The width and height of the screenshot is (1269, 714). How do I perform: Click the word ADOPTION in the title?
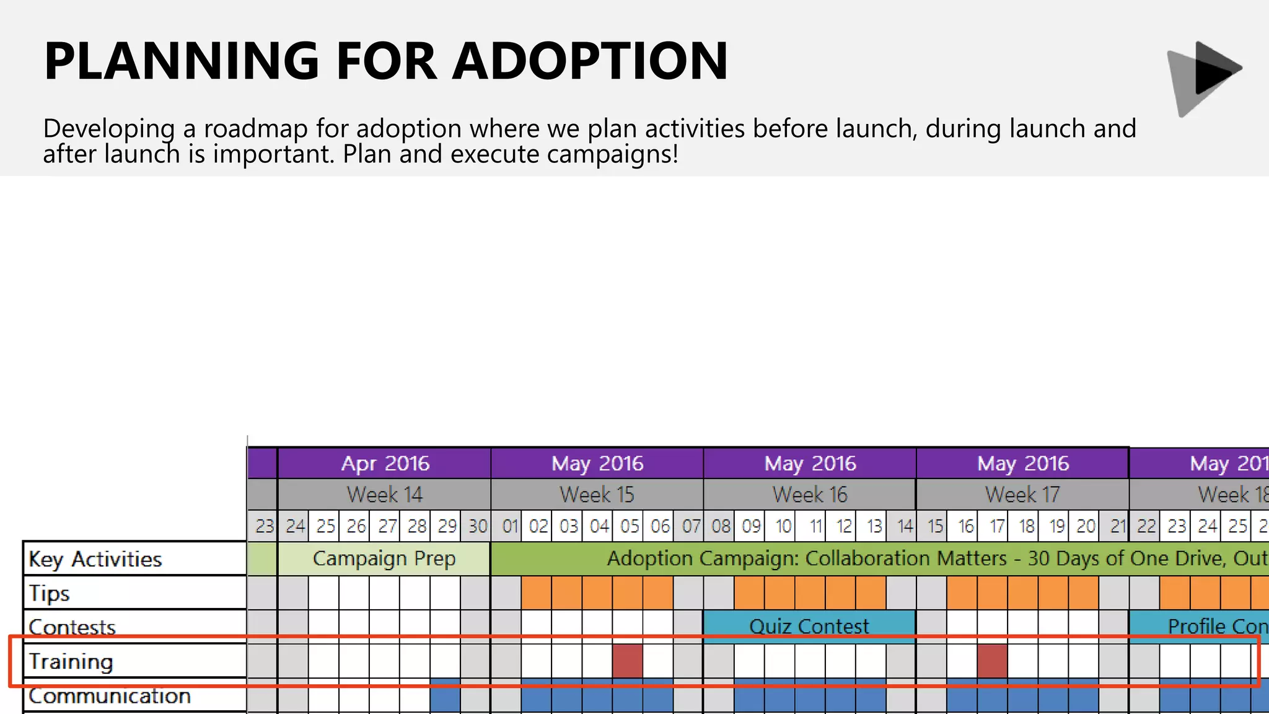click(590, 61)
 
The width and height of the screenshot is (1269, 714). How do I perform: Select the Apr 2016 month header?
click(384, 464)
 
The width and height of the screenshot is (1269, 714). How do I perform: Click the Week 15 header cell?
click(597, 495)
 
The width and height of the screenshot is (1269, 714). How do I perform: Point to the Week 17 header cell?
click(1022, 495)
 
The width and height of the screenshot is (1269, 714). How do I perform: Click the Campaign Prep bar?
click(384, 558)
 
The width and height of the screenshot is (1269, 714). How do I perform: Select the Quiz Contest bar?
click(809, 626)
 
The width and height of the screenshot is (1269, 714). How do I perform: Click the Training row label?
click(71, 661)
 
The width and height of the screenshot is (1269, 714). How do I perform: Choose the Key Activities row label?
click(95, 559)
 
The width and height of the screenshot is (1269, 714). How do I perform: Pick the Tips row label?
click(50, 593)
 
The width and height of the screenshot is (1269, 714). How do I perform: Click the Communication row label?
click(110, 696)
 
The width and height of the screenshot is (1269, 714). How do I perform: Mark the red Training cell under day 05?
click(628, 661)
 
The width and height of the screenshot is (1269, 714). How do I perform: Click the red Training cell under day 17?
click(993, 661)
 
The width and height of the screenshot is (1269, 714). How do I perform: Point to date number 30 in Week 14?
click(476, 526)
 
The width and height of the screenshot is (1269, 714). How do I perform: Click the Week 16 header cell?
click(809, 495)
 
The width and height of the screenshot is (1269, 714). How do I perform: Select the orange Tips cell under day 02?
click(537, 593)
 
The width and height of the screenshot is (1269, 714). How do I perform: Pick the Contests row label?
click(72, 627)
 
